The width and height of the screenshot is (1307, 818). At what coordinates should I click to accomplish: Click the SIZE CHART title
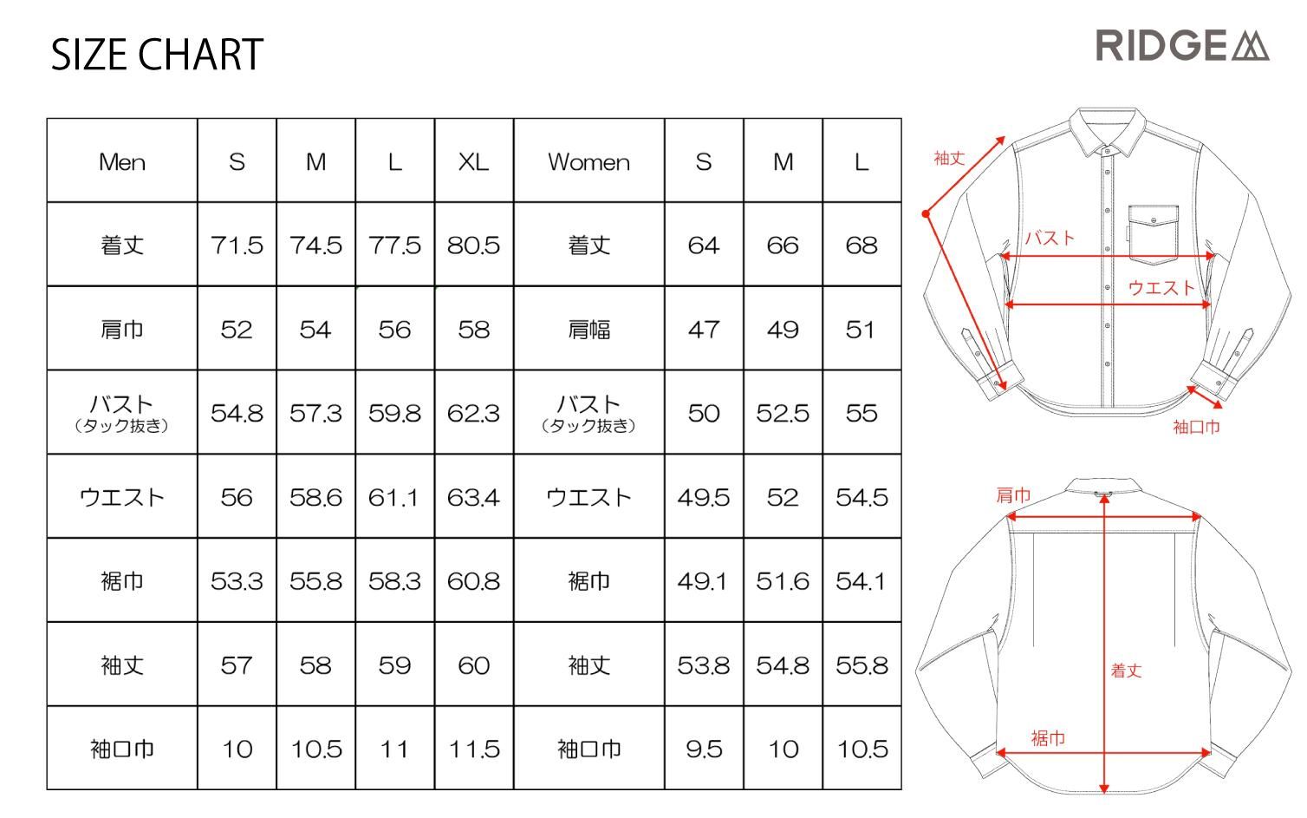[x=157, y=55]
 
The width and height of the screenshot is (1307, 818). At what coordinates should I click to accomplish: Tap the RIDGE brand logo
[x=1183, y=46]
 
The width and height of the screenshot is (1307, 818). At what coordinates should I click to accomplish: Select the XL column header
[x=474, y=161]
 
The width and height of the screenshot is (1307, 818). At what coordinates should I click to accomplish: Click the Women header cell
[x=588, y=161]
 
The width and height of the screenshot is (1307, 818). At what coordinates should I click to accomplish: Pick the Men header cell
[x=122, y=161]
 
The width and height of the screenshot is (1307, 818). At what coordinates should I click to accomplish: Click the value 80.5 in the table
[x=474, y=245]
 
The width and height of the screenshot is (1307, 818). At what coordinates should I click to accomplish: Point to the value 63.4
[x=474, y=497]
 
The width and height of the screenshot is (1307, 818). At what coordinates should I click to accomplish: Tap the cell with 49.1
[x=703, y=581]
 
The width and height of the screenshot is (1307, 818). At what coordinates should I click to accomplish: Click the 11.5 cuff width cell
[x=474, y=749]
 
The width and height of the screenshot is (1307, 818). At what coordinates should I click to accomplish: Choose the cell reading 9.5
[x=704, y=749]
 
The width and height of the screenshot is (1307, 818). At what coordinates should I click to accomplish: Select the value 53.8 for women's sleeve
[x=704, y=665]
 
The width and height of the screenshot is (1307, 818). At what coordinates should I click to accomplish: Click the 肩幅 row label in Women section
[x=588, y=330]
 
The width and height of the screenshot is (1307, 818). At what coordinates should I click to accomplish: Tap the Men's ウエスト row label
[x=122, y=497]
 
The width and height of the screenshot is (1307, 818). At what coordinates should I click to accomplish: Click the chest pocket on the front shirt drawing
[x=1154, y=233]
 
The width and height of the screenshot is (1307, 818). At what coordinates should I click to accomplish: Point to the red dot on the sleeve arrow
[x=926, y=214]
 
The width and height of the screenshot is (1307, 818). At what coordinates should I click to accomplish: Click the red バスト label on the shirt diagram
[x=1050, y=238]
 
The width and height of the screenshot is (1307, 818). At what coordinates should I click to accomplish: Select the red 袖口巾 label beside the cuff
[x=1196, y=427]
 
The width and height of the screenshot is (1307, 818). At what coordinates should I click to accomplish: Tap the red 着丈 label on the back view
[x=1126, y=671]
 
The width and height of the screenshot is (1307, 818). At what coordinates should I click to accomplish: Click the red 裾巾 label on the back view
[x=1048, y=738]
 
